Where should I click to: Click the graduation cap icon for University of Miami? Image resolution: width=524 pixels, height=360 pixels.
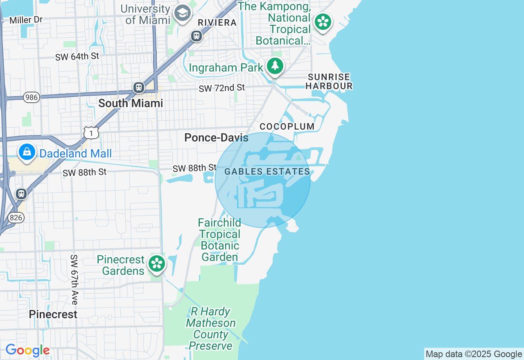(x=183, y=13)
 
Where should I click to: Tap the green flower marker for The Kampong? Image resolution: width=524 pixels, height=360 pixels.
(x=323, y=22)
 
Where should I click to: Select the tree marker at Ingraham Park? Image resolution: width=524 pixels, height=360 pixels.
(x=275, y=65)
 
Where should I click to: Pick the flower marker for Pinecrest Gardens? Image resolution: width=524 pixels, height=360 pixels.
(x=156, y=263)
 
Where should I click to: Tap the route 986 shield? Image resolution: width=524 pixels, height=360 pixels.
(x=31, y=97)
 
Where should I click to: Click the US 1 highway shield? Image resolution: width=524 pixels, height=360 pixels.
(x=91, y=133)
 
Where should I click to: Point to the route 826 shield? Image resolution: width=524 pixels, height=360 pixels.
(x=16, y=217)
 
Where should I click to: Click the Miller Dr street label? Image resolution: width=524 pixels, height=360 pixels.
(x=26, y=20)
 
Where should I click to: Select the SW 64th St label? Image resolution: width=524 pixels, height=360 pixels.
(x=77, y=56)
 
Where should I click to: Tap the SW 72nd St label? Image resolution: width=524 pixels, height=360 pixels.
(x=221, y=88)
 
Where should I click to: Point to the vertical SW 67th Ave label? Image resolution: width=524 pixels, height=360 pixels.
(x=74, y=279)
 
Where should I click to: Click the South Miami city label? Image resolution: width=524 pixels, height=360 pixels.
(x=131, y=103)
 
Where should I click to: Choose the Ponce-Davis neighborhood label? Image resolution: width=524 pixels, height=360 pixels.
(x=216, y=138)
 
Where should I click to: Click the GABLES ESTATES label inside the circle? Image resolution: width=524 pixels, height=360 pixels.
(x=267, y=172)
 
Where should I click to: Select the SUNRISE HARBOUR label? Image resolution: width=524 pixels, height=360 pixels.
(x=329, y=81)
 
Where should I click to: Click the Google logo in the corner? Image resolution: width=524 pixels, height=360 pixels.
(x=27, y=351)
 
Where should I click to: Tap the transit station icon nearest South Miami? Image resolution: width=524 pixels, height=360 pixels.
(x=139, y=87)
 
